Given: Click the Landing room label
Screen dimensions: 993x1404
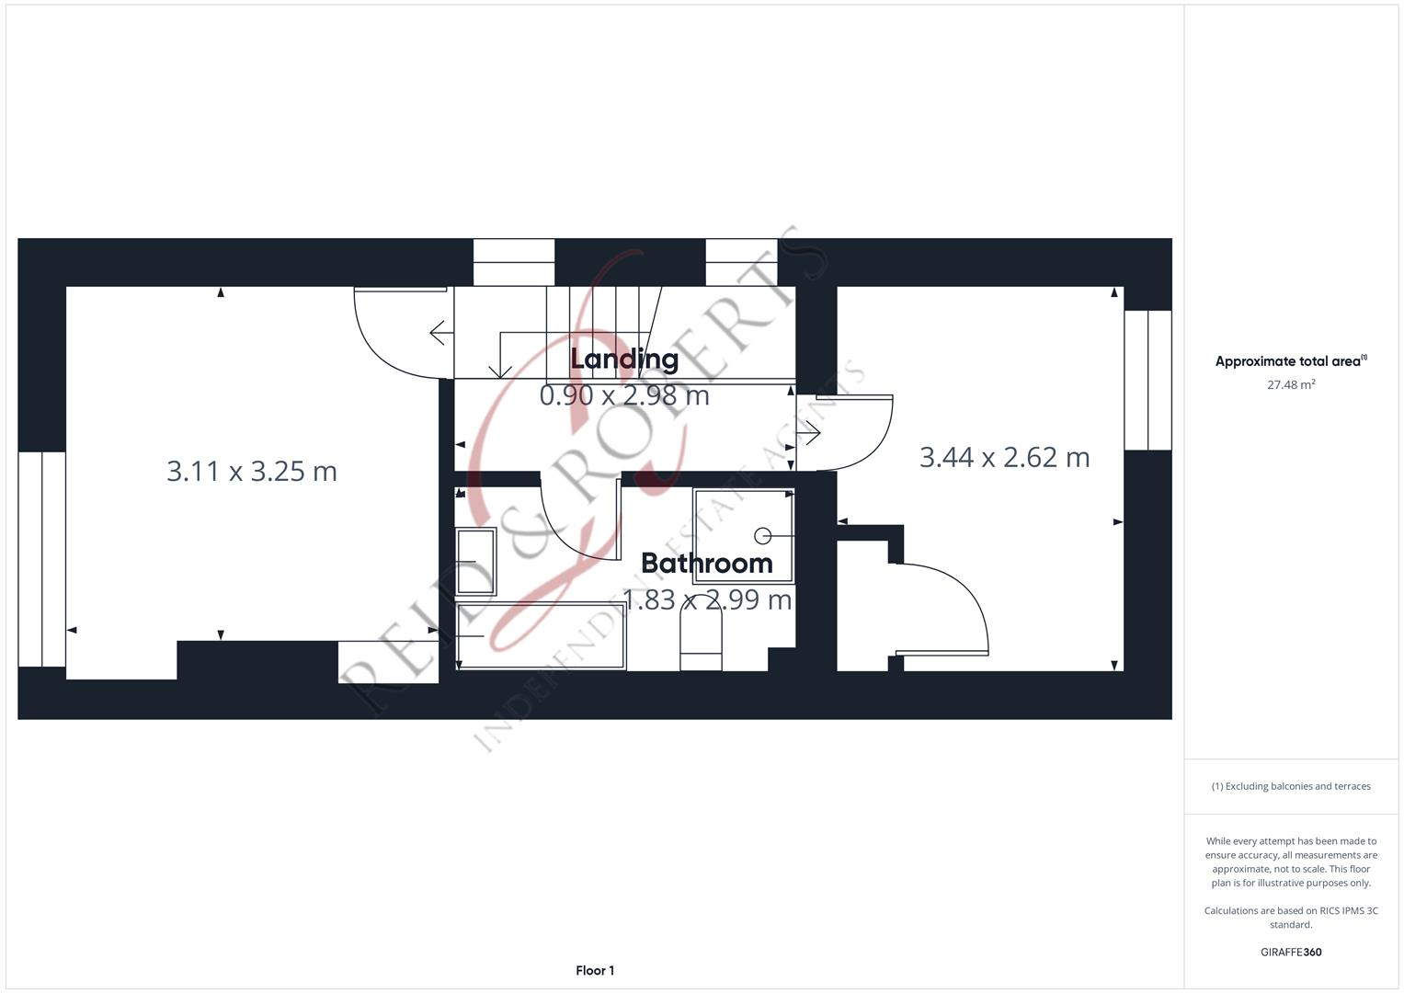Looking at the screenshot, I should pos(624,360).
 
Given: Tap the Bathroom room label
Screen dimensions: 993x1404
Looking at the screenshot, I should pos(706,563).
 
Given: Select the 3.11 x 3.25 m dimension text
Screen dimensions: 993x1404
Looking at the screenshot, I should pos(252,472).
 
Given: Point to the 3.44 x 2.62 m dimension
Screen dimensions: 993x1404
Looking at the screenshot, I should pos(1004,457).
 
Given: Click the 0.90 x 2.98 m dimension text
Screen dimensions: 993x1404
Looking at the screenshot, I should pos(624,395).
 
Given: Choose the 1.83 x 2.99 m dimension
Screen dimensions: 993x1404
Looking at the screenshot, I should pos(707,599).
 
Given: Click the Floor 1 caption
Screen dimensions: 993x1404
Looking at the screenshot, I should pos(595,970).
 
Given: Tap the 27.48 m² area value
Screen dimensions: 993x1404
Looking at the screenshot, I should pos(1291,384).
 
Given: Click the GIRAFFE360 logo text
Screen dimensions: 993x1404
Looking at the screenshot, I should pos(1291,952).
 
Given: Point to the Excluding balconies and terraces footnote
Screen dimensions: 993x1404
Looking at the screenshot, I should pos(1291,786).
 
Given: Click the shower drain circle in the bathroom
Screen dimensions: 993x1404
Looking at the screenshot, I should pos(762,536).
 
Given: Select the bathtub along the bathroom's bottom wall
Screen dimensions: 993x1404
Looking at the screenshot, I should pos(541,635).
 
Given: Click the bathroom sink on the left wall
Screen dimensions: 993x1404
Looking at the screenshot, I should pos(475,561).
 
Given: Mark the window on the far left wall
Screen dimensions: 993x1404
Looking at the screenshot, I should pos(41,558).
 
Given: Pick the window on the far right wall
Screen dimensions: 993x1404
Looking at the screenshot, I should pos(1147,380).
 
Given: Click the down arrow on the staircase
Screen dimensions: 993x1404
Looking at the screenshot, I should pos(500,367).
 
